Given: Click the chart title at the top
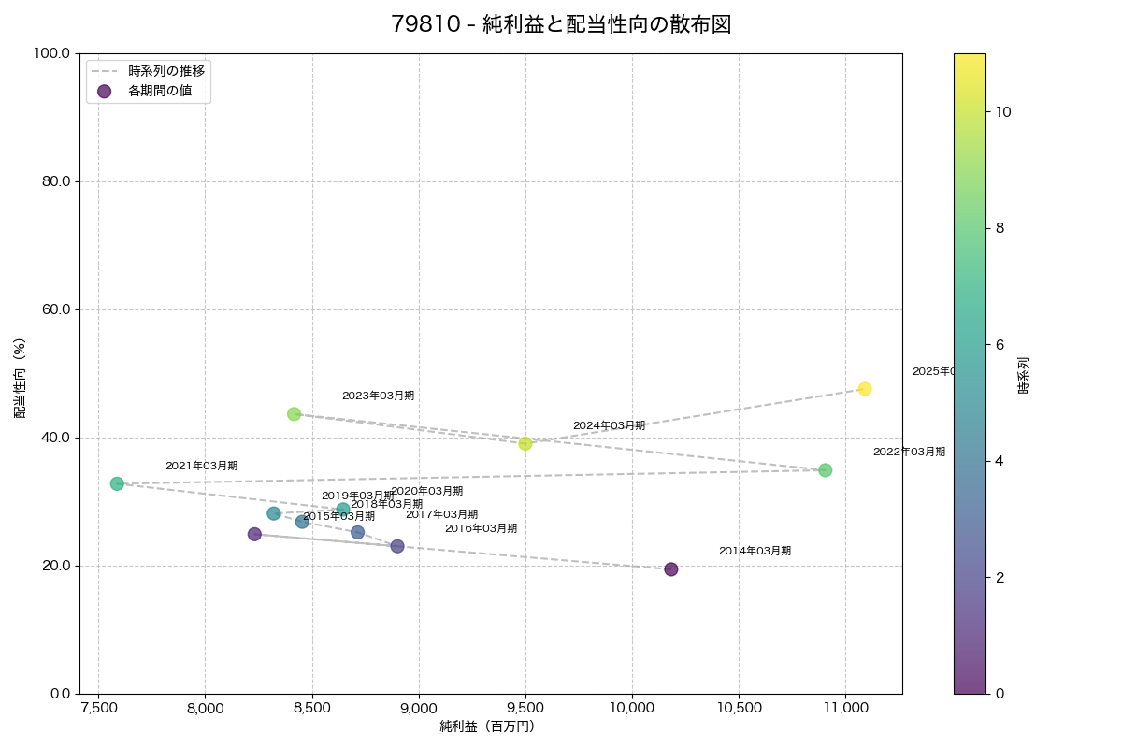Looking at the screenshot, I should pos(561,25).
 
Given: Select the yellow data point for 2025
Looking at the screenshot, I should pos(865,389).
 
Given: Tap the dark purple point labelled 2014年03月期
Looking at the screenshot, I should pos(671,569).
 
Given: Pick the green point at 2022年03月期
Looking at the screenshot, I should pos(826,470).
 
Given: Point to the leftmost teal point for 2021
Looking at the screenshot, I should pos(117,483).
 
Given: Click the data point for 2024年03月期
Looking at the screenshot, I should pos(525,443).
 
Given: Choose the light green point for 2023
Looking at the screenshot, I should pos(295,414).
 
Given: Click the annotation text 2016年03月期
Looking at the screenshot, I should pos(481,529).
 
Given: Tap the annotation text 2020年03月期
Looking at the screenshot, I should pos(426,492).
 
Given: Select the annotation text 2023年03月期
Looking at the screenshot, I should pos(378,396).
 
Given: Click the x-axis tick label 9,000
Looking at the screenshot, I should pos(419,709).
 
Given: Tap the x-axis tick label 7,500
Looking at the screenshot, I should pos(98,709).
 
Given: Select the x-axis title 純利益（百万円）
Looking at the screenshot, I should pos(487,726).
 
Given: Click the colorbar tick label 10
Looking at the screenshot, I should pos(1004,111).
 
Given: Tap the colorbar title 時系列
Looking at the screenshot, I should pos(1024,374).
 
